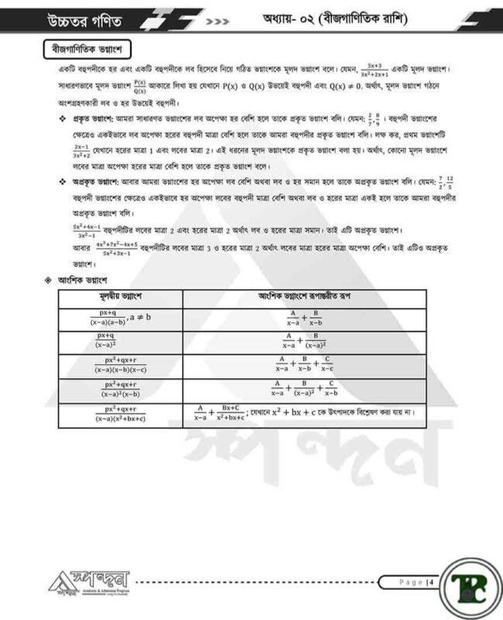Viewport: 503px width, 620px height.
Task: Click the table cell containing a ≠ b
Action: coord(121,318)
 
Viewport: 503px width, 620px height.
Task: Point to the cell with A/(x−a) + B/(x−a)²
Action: coord(305,341)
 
